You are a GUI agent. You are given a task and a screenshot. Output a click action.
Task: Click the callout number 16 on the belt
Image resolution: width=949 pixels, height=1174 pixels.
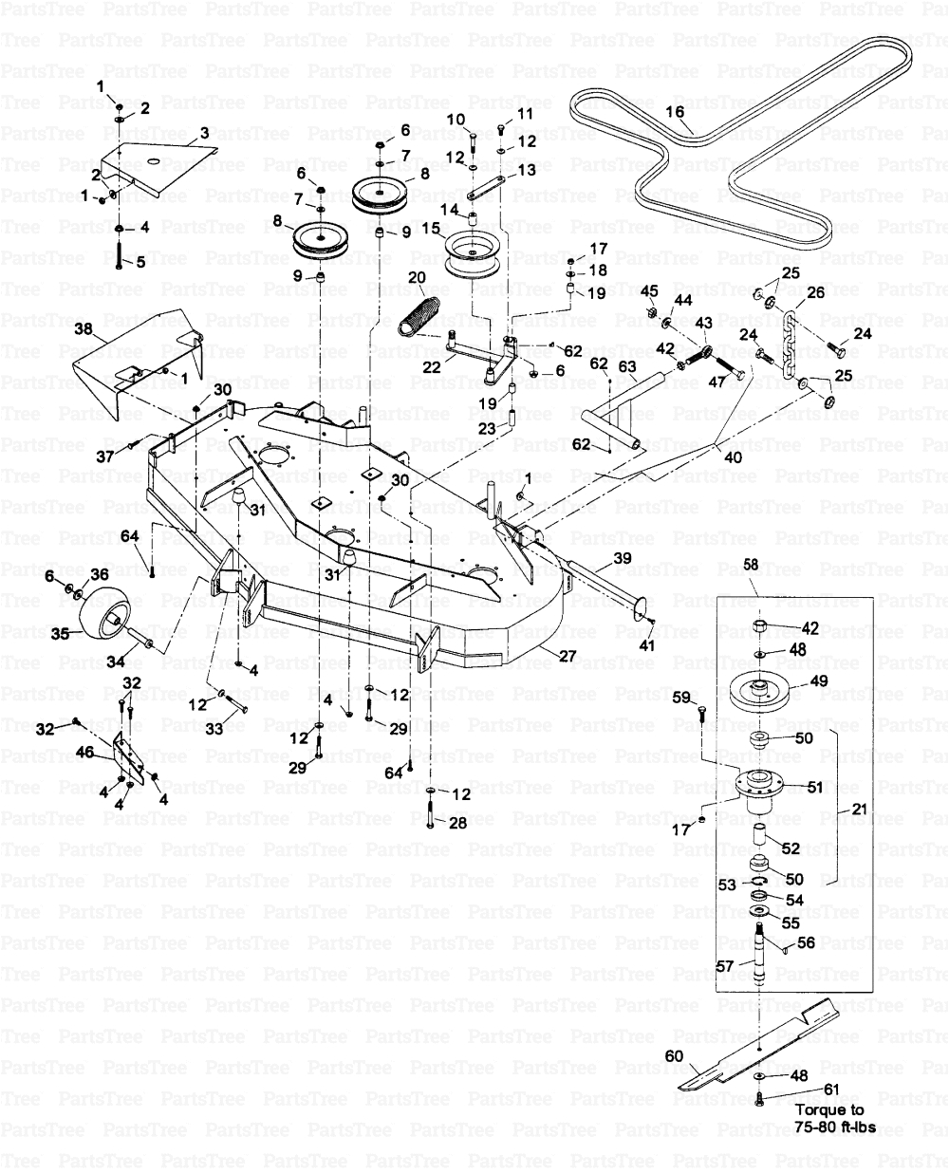click(675, 113)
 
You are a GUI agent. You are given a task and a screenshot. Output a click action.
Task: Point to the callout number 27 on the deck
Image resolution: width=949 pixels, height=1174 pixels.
click(566, 656)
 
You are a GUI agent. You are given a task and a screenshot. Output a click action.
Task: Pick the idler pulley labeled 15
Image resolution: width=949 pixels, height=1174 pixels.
click(474, 253)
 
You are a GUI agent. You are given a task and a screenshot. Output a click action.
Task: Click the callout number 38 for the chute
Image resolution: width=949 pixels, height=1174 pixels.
click(84, 329)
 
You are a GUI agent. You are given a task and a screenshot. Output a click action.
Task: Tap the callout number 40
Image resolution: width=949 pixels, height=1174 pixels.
click(733, 457)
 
